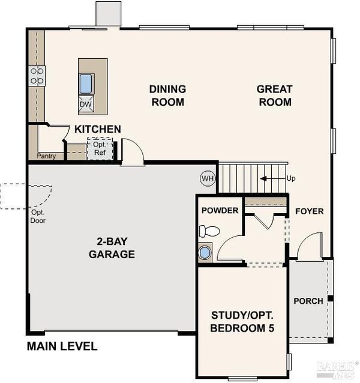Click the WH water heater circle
pos(208,178)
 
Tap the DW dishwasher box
pos(86,104)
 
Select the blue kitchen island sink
pos(86,83)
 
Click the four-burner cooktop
pos(37,76)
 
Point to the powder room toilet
pos(209,231)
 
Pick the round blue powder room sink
pos(205,253)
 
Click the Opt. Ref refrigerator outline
pos(100,149)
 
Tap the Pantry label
pos(46,156)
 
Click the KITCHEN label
pos(98,129)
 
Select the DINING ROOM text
pos(167,95)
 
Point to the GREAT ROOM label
pos(275,95)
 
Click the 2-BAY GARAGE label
pos(112,248)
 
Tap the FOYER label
pos(310,211)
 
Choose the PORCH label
pos(308,301)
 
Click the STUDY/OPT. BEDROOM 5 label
pos(242,322)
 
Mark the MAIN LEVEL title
pos(62,346)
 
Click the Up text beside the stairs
pos(291,178)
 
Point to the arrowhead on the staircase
pos(263,179)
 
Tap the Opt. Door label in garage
pos(38,217)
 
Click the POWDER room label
pos(220,210)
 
